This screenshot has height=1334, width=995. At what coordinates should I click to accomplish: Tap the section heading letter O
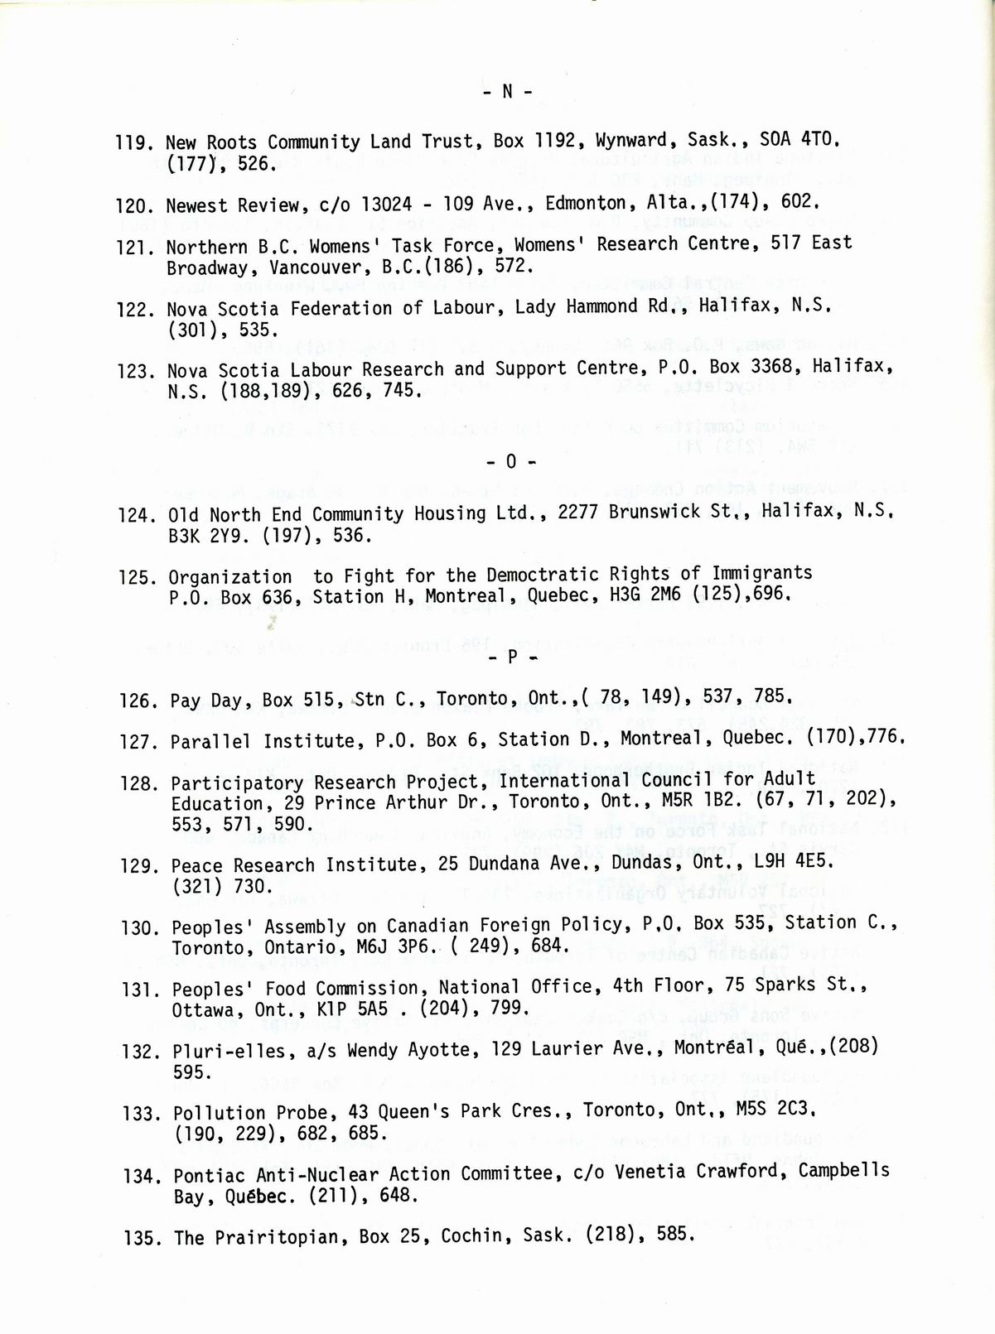510,461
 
